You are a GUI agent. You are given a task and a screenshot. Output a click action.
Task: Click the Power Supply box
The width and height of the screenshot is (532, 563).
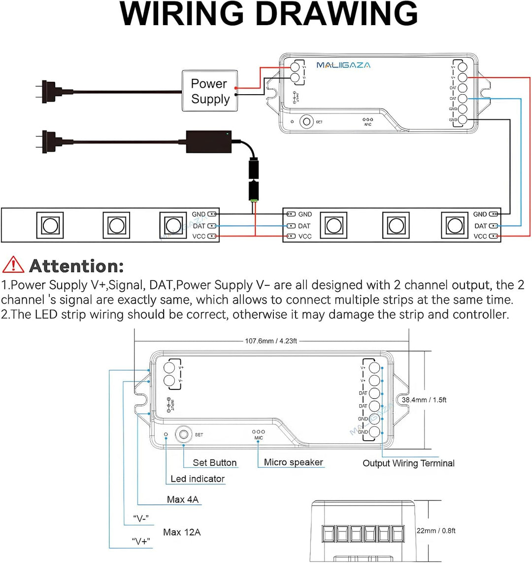(x=210, y=91)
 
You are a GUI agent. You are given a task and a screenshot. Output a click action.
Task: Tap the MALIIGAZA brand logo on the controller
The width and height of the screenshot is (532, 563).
(x=343, y=65)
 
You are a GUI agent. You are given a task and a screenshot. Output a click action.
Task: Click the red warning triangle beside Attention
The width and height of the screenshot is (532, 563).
(x=13, y=265)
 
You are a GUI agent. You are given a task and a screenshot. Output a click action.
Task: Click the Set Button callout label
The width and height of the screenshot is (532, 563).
(x=215, y=462)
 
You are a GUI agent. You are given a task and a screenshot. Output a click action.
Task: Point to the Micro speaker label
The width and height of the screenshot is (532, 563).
(x=294, y=462)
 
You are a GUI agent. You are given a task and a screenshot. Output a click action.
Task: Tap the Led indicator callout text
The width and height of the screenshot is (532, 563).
(x=197, y=479)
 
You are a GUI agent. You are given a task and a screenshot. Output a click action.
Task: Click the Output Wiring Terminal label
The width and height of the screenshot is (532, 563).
(x=408, y=463)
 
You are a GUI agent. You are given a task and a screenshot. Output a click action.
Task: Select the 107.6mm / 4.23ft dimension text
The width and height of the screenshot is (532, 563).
(x=271, y=341)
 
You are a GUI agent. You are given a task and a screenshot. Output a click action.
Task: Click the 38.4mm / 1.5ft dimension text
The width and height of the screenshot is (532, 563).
(x=424, y=400)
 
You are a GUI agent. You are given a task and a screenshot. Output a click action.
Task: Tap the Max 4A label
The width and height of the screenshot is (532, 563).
(x=183, y=499)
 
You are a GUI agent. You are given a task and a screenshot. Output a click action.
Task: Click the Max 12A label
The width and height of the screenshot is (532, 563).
(x=182, y=532)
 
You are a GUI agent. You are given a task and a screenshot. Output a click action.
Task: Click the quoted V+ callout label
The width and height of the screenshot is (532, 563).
(x=141, y=541)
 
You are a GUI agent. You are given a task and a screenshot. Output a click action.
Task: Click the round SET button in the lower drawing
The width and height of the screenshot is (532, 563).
(x=184, y=434)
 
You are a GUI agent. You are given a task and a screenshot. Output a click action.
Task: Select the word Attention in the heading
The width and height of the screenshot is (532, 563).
(x=76, y=266)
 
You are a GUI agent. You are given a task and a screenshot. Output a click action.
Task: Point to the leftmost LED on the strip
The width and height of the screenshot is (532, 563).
(x=49, y=225)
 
